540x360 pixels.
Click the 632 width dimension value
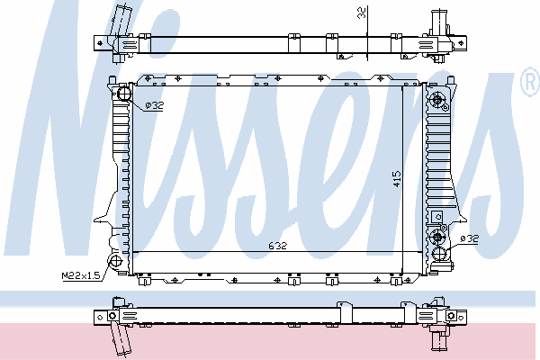pyautogui.click(x=277, y=246)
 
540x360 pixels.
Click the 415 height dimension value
pyautogui.click(x=397, y=179)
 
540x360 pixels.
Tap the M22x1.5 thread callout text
pyautogui.click(x=81, y=275)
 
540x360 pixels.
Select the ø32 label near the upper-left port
pyautogui.click(x=154, y=105)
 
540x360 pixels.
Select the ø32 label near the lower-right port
pyautogui.click(x=470, y=238)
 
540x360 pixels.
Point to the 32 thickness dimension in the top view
pyautogui.click(x=362, y=13)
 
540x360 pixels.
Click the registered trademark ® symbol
pyautogui.click(x=530, y=82)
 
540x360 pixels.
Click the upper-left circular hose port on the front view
pyautogui.click(x=124, y=94)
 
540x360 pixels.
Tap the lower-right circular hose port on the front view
pyautogui.click(x=439, y=254)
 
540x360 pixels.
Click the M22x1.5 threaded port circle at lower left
pyautogui.click(x=116, y=261)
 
